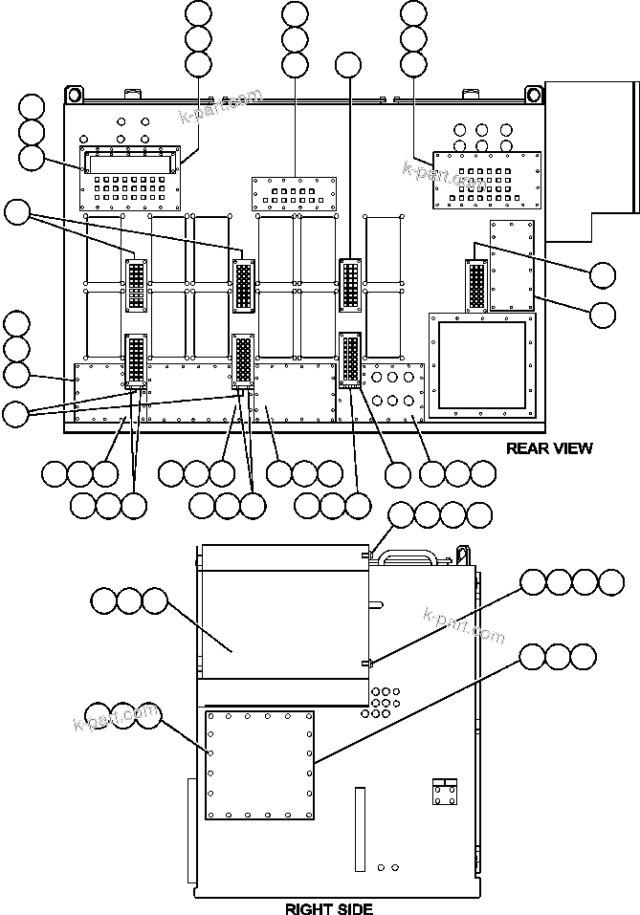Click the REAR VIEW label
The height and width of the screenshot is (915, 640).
coord(549,447)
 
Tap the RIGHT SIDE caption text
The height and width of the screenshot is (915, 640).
coord(329,907)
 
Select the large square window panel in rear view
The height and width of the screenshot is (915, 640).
coord(481,364)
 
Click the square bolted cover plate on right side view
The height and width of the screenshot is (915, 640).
coord(260,765)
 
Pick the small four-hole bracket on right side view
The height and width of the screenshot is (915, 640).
coord(444,793)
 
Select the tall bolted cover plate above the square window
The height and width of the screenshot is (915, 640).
coord(511,265)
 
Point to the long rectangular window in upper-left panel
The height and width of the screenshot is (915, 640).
coord(130,162)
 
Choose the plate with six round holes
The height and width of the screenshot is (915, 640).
coord(391,387)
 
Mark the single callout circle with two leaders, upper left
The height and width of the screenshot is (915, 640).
coord(17,211)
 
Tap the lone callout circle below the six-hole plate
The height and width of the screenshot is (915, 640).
coord(397,472)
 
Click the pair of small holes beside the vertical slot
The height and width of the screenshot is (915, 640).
coord(387,867)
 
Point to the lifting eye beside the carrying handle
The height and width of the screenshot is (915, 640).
coord(464,553)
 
